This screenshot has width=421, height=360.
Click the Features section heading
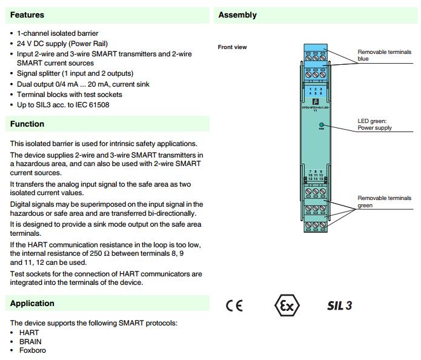(x=27, y=15)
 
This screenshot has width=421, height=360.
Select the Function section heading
(x=27, y=124)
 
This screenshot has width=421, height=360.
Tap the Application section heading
(x=32, y=303)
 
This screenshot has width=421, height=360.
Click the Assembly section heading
(x=237, y=15)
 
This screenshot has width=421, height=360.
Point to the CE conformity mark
(x=234, y=305)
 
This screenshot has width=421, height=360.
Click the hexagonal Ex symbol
(x=287, y=305)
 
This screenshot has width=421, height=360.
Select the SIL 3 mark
(x=339, y=305)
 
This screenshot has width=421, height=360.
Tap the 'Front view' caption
(x=232, y=47)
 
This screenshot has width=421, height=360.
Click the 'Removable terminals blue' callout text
(x=384, y=55)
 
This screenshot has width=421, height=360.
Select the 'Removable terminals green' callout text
(x=384, y=202)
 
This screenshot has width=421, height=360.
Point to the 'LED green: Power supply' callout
(x=375, y=124)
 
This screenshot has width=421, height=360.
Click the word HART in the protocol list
(x=28, y=333)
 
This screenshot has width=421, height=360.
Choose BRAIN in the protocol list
(x=30, y=341)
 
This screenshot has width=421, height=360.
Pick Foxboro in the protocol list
(x=32, y=350)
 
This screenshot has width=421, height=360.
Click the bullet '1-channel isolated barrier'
(x=58, y=33)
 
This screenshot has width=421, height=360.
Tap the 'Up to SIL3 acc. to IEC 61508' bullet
(x=64, y=105)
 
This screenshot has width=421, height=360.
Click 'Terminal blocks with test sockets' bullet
(x=70, y=95)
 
